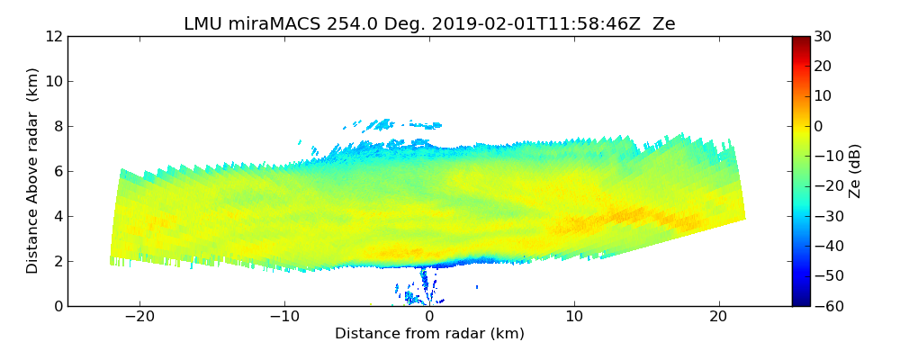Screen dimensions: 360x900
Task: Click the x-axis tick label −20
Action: click(139, 318)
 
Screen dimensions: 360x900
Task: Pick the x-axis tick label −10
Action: click(284, 318)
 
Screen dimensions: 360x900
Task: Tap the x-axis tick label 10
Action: click(574, 318)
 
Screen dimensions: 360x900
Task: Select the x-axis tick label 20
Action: click(718, 318)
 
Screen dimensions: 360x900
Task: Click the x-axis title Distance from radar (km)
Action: click(429, 334)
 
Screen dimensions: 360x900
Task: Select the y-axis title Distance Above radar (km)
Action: click(33, 171)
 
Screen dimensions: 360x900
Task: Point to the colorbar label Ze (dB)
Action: click(855, 171)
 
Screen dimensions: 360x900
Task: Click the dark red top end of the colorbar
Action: click(800, 40)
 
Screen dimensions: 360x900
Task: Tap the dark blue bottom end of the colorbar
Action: click(800, 301)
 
